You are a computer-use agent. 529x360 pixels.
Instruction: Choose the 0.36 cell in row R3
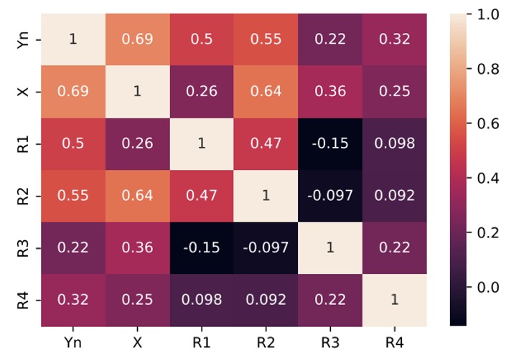point(136,247)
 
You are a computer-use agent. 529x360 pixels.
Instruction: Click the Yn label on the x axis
point(72,337)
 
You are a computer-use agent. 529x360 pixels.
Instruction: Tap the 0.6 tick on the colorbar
point(489,123)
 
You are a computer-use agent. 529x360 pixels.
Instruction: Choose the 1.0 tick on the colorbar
point(489,14)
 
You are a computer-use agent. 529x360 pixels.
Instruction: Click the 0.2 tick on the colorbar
point(489,232)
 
